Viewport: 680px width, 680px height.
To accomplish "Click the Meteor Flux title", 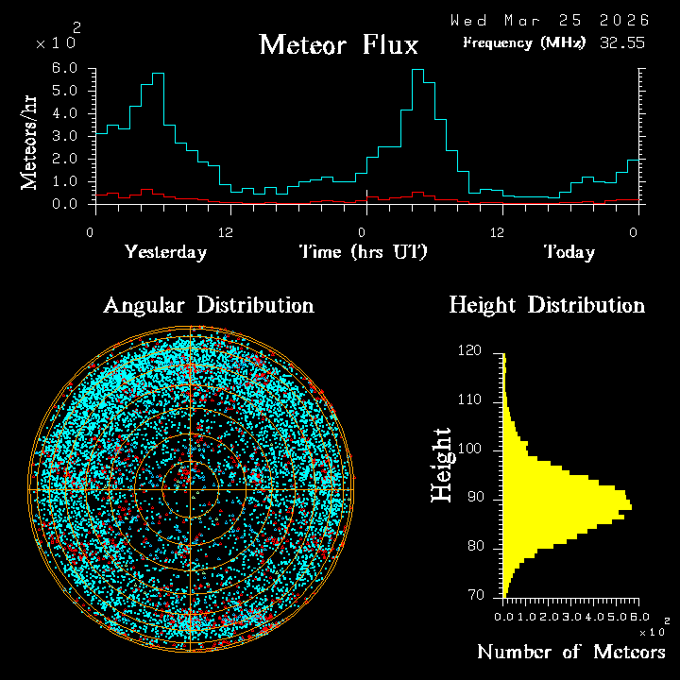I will (x=338, y=44).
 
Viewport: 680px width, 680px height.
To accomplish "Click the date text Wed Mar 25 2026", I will (x=549, y=20).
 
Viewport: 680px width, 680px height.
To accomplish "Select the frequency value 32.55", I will (x=622, y=42).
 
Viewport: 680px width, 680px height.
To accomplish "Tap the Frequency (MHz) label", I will (x=524, y=42).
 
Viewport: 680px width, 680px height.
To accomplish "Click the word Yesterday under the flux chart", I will (x=165, y=252).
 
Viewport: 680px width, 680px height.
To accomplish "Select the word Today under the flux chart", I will (x=569, y=252).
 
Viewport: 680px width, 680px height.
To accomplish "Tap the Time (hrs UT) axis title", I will (x=364, y=252).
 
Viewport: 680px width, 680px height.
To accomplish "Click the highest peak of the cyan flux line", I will (x=418, y=70).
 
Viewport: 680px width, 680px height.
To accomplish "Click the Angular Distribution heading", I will (x=208, y=305).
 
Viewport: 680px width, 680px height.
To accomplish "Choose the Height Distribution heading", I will (x=547, y=305).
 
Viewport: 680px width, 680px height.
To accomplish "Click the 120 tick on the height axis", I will (x=470, y=351).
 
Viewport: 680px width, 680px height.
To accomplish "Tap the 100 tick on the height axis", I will (x=470, y=450).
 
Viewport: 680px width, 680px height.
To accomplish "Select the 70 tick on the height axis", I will (x=474, y=596).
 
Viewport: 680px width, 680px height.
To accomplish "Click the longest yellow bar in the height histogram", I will (x=567, y=508).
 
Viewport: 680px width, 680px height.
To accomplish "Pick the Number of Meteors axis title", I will (x=570, y=653).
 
